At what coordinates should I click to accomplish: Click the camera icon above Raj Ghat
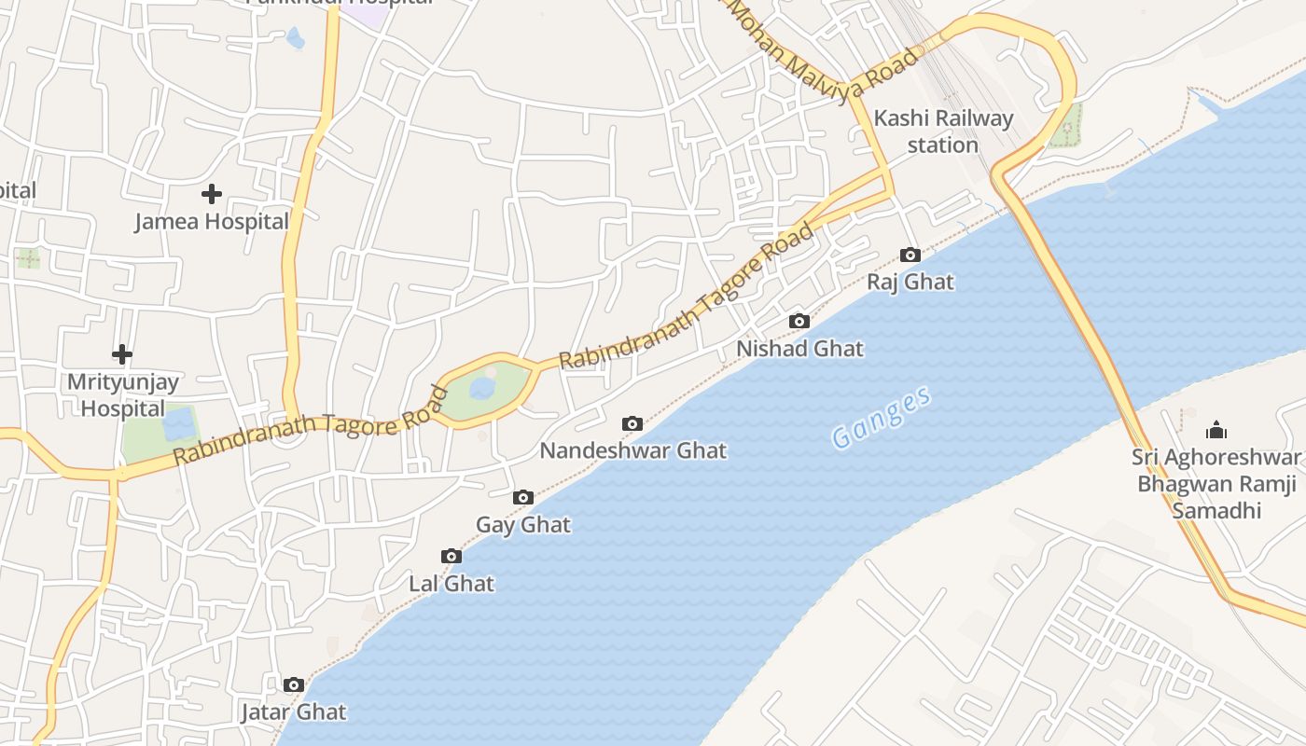pos(910,255)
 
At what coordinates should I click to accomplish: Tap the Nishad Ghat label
pos(800,349)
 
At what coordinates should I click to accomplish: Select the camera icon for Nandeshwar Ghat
pos(632,424)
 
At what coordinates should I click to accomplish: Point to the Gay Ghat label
pos(523,525)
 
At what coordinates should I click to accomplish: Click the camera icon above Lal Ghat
pos(452,557)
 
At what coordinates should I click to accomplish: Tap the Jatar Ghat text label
pos(294,712)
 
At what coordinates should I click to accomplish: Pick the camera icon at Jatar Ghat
pos(294,685)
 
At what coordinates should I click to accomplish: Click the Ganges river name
pos(881,417)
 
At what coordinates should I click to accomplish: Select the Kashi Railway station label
pos(943,131)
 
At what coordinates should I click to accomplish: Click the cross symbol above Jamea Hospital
pos(212,194)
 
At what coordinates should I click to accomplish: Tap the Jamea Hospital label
pos(212,222)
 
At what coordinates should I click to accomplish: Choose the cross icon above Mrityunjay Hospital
pos(122,354)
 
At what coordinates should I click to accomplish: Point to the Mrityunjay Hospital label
pos(122,395)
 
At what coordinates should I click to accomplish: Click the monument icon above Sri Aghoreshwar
pos(1216,430)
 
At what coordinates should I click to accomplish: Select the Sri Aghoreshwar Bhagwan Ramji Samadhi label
pos(1216,484)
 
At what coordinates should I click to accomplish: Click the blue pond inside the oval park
pos(482,388)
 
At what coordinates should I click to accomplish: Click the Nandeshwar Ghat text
pos(632,451)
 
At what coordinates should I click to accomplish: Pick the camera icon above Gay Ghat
pos(523,498)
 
